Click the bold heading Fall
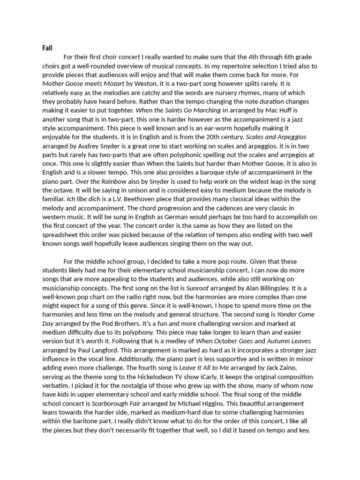pyautogui.click(x=47, y=48)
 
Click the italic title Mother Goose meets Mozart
pyautogui.click(x=75, y=84)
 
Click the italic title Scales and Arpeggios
pyautogui.click(x=276, y=137)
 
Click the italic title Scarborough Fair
pyautogui.click(x=114, y=403)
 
